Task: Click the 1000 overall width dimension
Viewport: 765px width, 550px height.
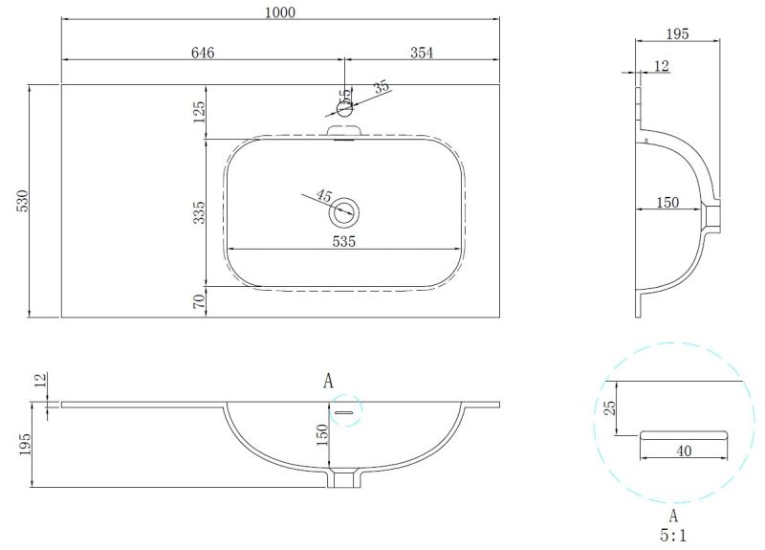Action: point(281,11)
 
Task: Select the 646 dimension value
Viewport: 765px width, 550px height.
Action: point(202,54)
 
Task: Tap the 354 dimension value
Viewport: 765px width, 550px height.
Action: point(423,54)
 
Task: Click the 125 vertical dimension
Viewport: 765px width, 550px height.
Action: point(199,111)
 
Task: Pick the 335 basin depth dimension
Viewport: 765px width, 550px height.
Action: point(199,212)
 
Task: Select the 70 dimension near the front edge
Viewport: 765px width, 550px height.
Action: point(199,302)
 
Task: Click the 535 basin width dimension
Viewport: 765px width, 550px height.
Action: point(344,241)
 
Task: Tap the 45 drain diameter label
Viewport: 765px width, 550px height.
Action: point(324,197)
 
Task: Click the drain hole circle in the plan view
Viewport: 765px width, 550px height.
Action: point(345,211)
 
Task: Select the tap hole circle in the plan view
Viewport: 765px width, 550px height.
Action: point(345,109)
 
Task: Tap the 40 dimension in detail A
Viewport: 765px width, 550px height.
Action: point(682,451)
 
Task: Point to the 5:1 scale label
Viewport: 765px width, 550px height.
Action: point(673,537)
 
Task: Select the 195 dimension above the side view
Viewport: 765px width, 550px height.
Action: point(677,33)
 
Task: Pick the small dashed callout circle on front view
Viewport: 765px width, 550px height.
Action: point(346,409)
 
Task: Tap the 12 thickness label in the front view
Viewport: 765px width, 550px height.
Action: point(39,380)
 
